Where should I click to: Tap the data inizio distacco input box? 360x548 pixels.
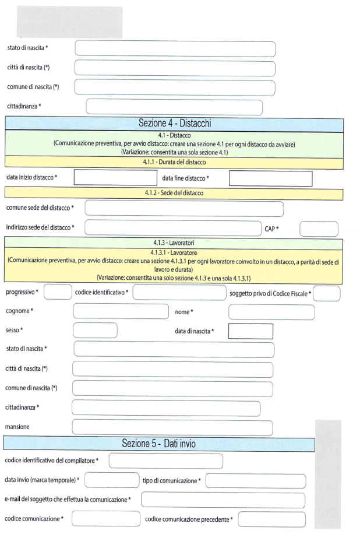pyautogui.click(x=115, y=178)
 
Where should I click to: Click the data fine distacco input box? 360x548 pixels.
pyautogui.click(x=271, y=178)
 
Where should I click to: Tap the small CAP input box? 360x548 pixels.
pyautogui.click(x=319, y=229)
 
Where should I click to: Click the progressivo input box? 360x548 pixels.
pyautogui.click(x=58, y=291)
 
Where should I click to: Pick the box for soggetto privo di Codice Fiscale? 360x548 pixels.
pyautogui.click(x=327, y=292)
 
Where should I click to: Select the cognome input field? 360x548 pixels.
pyautogui.click(x=120, y=311)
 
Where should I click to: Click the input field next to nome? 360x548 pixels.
pyautogui.click(x=271, y=312)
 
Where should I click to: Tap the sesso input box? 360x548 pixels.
pyautogui.click(x=95, y=331)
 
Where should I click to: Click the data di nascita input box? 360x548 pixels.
pyautogui.click(x=250, y=331)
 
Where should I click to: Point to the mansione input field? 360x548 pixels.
pyautogui.click(x=172, y=427)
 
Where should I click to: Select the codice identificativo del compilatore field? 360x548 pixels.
pyautogui.click(x=166, y=461)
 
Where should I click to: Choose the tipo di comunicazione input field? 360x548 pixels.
pyautogui.click(x=256, y=481)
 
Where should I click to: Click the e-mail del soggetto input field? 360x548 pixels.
pyautogui.click(x=223, y=500)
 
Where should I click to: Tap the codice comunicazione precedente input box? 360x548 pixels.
pyautogui.click(x=271, y=519)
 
